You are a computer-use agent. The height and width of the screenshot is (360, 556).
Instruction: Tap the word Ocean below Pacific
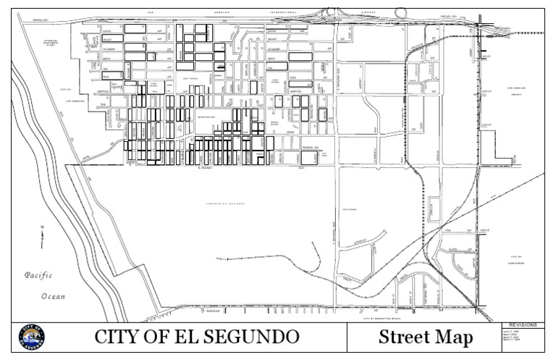(x=52, y=296)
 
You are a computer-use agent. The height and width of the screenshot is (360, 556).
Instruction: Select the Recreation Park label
(x=207, y=117)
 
